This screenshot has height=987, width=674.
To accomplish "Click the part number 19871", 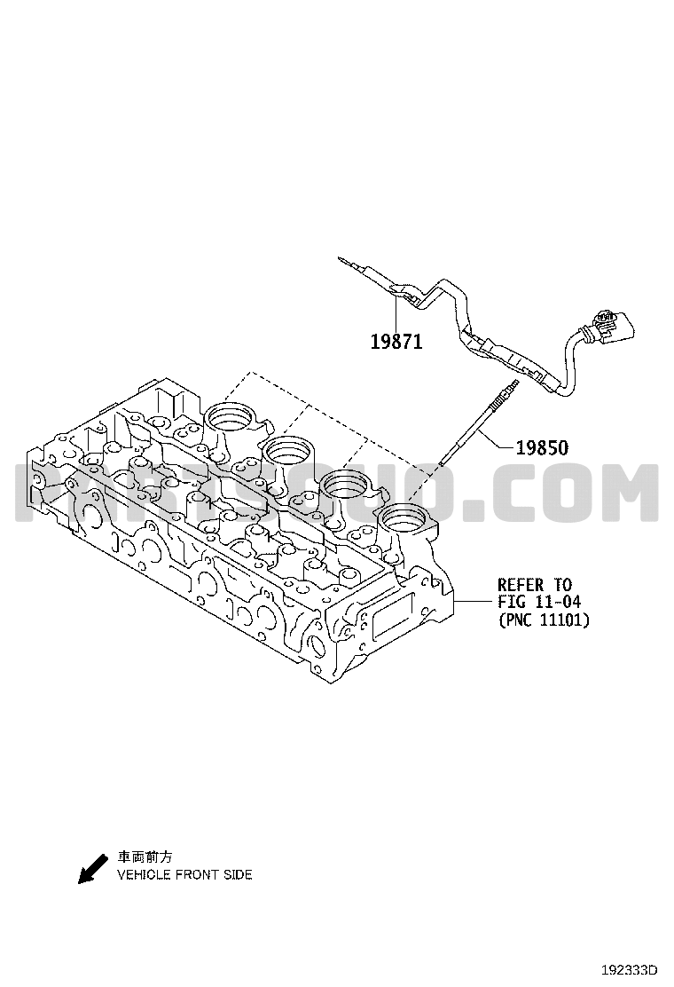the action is click(396, 342).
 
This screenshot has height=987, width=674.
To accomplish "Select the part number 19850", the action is click(542, 447).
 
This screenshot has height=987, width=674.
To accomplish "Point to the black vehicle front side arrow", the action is click(92, 869).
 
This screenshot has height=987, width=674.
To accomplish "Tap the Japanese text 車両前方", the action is click(145, 857).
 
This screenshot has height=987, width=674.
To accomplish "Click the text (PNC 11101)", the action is click(545, 620).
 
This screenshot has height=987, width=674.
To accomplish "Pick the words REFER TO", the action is click(535, 585).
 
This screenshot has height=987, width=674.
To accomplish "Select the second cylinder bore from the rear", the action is click(288, 450).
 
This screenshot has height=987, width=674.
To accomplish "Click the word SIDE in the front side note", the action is click(239, 875).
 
